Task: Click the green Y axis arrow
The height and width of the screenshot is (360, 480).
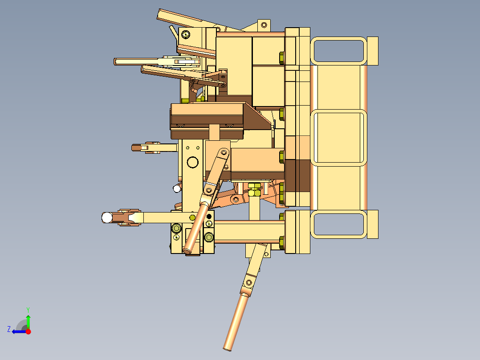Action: tap(28, 320)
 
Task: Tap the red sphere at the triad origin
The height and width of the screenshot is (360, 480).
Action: tap(28, 331)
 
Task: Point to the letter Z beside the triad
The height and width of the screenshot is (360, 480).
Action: tap(9, 329)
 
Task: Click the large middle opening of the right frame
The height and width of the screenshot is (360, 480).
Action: tap(338, 137)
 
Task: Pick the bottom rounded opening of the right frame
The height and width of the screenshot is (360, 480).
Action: tap(338, 225)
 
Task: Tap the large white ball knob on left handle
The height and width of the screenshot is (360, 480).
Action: tap(107, 217)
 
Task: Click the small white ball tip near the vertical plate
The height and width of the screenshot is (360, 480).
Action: tap(177, 188)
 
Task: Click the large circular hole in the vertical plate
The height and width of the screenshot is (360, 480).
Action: tap(193, 162)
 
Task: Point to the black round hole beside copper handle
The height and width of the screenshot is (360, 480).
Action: tap(209, 217)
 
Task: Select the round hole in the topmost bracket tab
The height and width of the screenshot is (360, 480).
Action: tap(264, 25)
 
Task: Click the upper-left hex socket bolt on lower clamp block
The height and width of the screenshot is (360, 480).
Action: tap(176, 229)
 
